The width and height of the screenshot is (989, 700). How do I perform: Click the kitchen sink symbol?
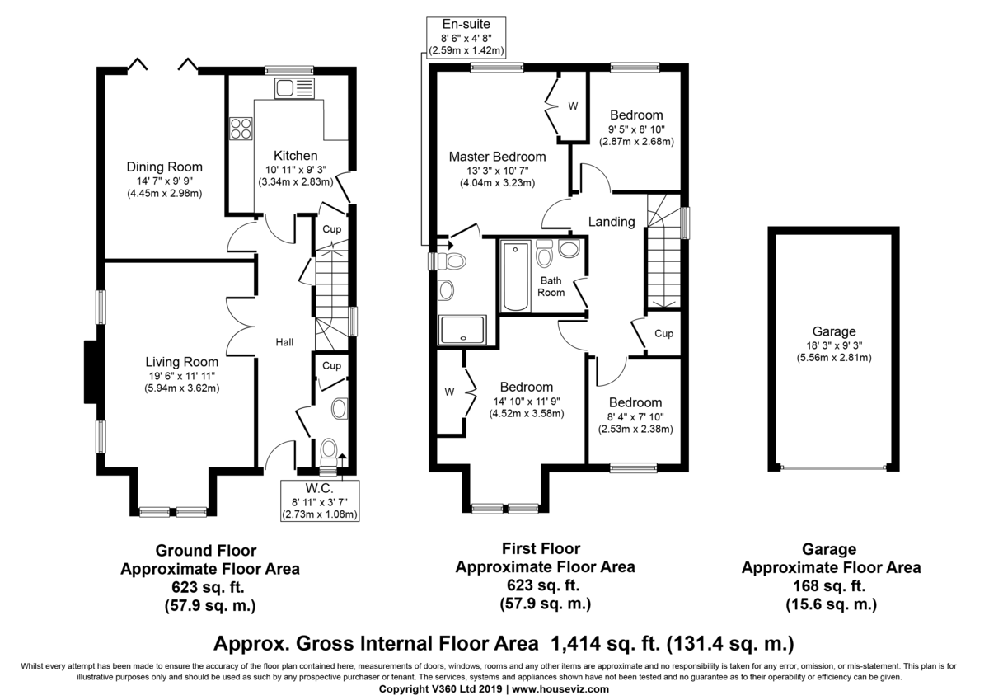[x=294, y=88]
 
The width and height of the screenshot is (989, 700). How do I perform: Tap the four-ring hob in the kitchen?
[x=241, y=129]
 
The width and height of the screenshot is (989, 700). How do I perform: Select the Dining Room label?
[x=164, y=167]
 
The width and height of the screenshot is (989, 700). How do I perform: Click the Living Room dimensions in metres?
[x=182, y=388]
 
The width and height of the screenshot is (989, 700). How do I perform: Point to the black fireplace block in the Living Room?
[x=91, y=371]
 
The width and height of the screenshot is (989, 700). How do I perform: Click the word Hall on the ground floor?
[x=284, y=342]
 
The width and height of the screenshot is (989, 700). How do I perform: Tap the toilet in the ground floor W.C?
[x=329, y=453]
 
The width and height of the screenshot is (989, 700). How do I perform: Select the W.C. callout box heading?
[x=319, y=488]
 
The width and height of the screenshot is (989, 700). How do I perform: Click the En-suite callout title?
[x=466, y=24]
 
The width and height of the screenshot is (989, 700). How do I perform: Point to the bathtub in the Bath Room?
[x=515, y=276]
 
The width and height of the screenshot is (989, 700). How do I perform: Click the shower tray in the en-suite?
[x=462, y=330]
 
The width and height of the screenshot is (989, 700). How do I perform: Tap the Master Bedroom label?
[x=497, y=157]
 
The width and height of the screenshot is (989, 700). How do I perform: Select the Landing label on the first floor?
[x=612, y=222]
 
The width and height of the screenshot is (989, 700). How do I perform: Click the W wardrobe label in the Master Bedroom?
[x=573, y=106]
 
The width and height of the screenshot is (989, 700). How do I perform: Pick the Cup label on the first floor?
[x=663, y=333]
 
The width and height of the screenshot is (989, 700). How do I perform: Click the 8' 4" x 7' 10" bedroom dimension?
[x=635, y=417]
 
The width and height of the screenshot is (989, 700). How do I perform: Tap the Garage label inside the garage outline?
[x=834, y=331]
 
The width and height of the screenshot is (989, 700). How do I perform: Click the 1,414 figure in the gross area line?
[x=573, y=643]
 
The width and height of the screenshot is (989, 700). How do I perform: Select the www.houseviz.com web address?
[x=560, y=689]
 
